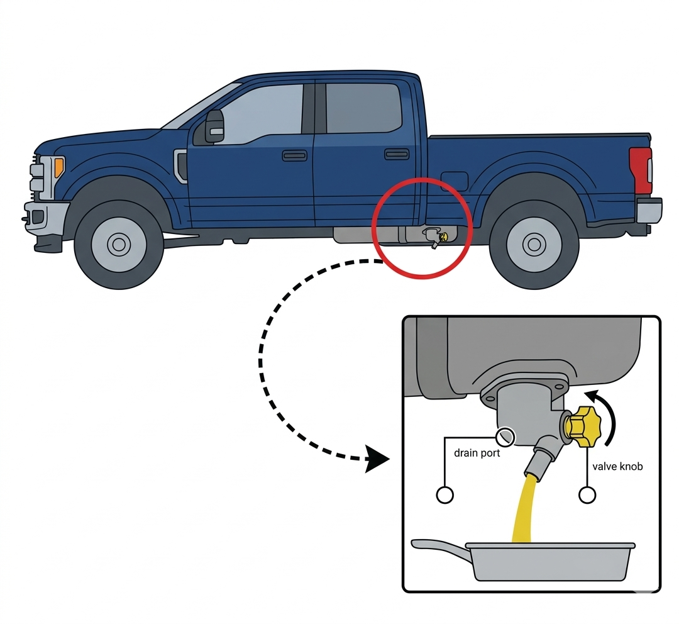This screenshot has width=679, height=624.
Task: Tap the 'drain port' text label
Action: click(x=477, y=453)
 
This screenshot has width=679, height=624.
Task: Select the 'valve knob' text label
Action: click(x=617, y=467)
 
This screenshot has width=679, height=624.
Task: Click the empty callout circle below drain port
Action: click(x=444, y=495)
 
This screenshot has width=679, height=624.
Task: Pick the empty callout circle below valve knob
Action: click(x=587, y=495)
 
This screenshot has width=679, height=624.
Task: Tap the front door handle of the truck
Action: click(x=294, y=155)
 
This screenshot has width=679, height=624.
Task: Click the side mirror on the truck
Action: click(x=214, y=126)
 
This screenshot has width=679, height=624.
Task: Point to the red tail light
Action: click(x=641, y=170)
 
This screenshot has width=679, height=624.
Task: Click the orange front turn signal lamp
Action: click(x=59, y=167)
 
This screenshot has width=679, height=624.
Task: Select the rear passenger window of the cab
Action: click(x=363, y=108)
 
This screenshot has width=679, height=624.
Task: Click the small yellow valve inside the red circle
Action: click(x=444, y=237)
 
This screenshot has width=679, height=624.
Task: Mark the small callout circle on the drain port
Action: click(x=505, y=436)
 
